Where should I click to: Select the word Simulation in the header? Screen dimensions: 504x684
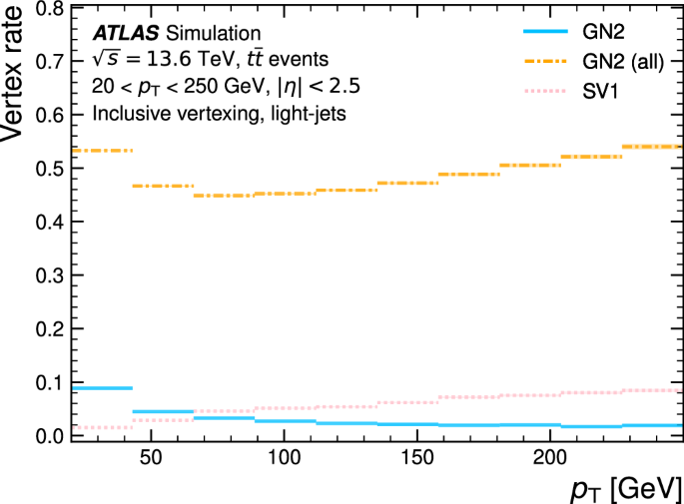point(206,35)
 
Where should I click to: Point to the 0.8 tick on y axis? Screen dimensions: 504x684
point(52,9)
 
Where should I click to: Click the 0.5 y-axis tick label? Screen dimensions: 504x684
point(52,169)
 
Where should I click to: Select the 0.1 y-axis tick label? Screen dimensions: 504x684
point(52,382)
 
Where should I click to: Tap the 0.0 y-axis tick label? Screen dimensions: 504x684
point(52,436)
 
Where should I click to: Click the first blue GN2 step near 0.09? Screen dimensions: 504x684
point(102,387)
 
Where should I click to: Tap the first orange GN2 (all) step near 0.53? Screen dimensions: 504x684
point(102,151)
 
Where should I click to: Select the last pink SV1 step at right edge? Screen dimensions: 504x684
point(653,390)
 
